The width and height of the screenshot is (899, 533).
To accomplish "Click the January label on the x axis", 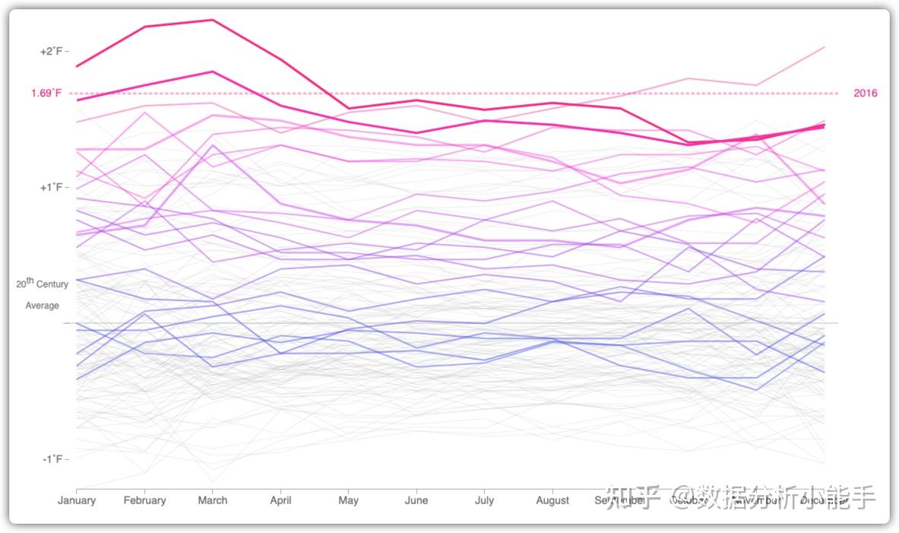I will [x=76, y=500].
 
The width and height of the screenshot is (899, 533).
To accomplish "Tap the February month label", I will [x=144, y=500].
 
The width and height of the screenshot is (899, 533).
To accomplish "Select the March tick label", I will [x=213, y=500].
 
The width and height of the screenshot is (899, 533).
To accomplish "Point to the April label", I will [x=281, y=500].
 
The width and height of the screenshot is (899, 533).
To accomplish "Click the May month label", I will [x=348, y=500].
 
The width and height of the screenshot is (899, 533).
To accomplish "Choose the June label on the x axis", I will [x=416, y=500].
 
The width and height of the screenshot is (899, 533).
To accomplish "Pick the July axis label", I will [x=484, y=500].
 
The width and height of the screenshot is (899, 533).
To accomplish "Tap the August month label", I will [x=552, y=500].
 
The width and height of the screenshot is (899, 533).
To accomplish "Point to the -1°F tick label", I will [x=52, y=459].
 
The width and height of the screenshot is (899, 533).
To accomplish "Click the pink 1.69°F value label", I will [x=46, y=94].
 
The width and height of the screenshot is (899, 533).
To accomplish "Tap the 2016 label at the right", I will [x=865, y=94].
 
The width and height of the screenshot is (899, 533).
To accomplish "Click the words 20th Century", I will [x=43, y=284].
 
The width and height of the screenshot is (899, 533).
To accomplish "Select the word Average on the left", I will [x=43, y=306].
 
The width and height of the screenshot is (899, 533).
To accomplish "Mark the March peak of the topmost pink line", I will [x=213, y=20].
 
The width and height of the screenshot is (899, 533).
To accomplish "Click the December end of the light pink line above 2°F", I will [x=825, y=47].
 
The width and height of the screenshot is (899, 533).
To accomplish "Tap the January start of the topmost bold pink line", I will [x=77, y=67].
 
